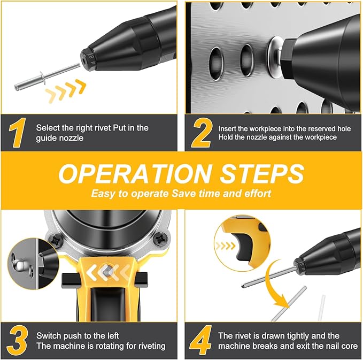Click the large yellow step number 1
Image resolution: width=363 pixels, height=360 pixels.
(17, 133)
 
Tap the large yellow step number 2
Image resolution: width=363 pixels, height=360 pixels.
(202, 133)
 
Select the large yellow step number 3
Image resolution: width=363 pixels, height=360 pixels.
(17, 340)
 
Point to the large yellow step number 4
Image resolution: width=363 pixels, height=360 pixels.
(202, 340)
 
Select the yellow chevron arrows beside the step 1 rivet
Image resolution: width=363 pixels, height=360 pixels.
(65, 90)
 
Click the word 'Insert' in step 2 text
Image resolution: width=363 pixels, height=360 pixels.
(229, 129)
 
